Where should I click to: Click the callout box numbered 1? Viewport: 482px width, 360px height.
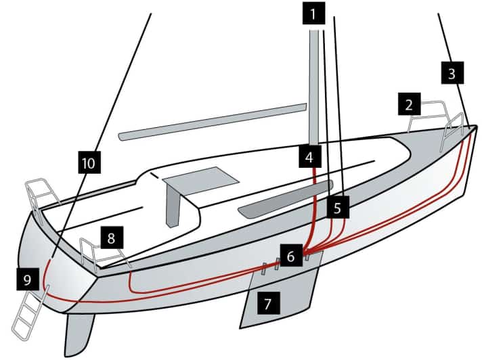313,13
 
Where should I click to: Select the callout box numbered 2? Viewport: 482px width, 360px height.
409,105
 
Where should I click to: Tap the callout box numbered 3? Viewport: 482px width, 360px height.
452,73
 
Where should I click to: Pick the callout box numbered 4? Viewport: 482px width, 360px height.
309,158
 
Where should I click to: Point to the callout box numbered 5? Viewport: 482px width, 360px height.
338,206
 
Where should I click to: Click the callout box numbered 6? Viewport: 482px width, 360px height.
290,256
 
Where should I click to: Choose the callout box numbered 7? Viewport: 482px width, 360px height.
268,303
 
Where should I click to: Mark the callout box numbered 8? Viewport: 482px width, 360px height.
112,238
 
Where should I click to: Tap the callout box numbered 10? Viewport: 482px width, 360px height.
89,163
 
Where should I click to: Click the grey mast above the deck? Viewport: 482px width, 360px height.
315,81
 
